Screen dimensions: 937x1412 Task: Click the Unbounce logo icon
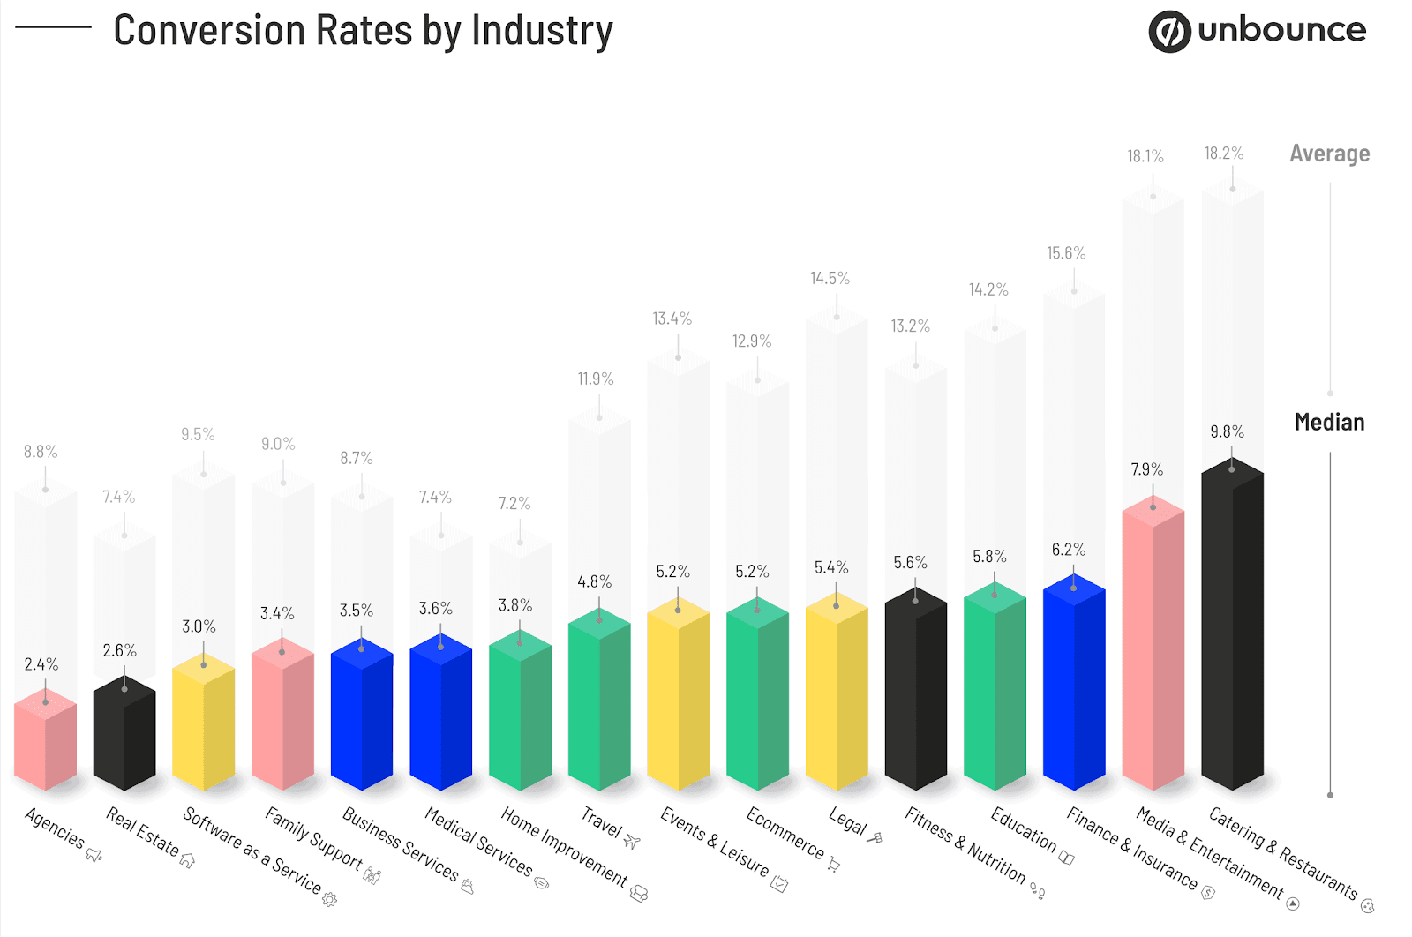click(1169, 32)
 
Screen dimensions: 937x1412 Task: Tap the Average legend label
click(1329, 154)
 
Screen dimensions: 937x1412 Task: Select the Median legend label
click(1329, 423)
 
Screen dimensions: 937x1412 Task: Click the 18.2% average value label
click(1223, 154)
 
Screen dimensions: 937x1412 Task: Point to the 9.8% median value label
click(1227, 431)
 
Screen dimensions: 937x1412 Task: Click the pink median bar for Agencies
click(45, 741)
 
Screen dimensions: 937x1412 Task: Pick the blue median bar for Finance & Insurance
click(1073, 684)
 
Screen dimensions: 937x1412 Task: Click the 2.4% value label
click(41, 664)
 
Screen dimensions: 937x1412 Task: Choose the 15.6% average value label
click(1066, 253)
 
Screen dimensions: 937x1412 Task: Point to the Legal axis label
click(847, 821)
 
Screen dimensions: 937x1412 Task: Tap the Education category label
click(1023, 828)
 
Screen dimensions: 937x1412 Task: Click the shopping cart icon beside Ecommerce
click(833, 865)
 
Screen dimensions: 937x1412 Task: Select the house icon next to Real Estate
click(187, 859)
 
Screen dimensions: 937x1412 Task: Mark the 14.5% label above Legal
click(830, 279)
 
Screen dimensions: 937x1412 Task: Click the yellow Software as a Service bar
click(203, 723)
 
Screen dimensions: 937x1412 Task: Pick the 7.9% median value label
click(1146, 469)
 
